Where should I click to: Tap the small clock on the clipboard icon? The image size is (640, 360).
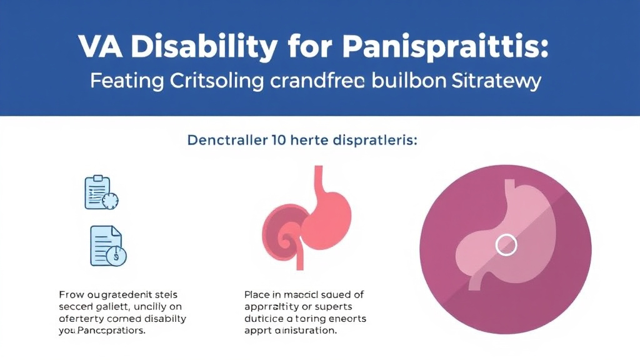tap(111, 201)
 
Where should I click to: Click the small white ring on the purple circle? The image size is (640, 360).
tap(506, 244)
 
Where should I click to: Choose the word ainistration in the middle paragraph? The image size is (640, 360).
tap(306, 331)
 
